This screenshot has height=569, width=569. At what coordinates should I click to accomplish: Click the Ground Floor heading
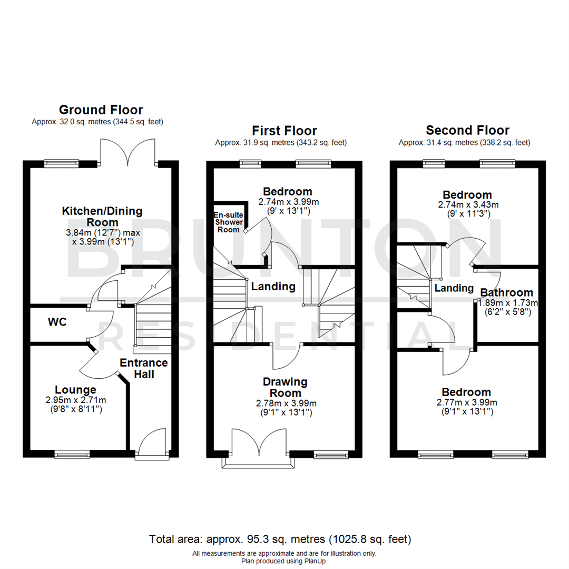click(x=100, y=110)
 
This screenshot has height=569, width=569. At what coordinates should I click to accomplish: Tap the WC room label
click(x=57, y=322)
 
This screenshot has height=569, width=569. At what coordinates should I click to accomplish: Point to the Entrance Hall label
click(x=144, y=368)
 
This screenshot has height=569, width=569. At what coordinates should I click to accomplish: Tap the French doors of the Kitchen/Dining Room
click(x=127, y=153)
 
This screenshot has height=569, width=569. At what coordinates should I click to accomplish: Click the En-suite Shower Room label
click(x=228, y=222)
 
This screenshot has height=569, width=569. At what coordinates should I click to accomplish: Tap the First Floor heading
click(x=284, y=131)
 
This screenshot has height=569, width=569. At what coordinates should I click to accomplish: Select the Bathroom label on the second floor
click(x=506, y=293)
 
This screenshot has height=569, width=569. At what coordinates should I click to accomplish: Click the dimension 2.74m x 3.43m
click(x=467, y=204)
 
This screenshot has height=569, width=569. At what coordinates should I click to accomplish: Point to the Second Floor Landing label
click(x=454, y=288)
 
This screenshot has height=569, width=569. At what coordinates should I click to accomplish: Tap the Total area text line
click(x=280, y=539)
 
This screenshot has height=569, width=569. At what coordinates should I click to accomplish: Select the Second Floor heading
click(x=467, y=131)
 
